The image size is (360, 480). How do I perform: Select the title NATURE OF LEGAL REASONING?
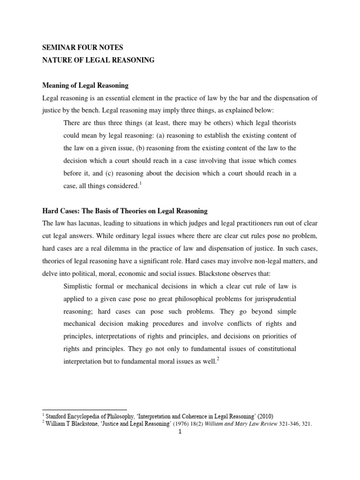point(98,60)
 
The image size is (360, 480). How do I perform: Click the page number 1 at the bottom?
point(180,432)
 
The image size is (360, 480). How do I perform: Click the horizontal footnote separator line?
point(84,409)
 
